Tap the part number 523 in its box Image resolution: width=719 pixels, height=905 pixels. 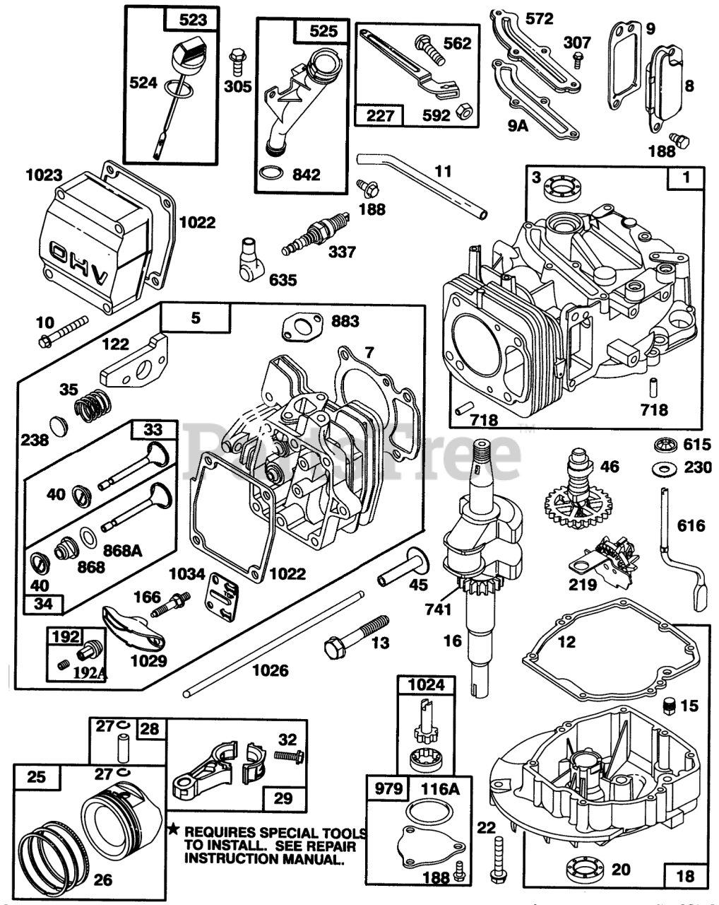pos(193,20)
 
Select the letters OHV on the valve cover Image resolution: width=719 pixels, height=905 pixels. pos(78,262)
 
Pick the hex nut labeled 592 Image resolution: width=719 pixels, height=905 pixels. pos(464,111)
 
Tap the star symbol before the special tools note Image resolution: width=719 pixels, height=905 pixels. pos(173,830)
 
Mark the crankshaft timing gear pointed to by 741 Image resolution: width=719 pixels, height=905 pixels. pos(486,582)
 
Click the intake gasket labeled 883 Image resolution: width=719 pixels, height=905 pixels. pos(302,327)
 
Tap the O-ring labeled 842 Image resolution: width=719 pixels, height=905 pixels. pos(271,173)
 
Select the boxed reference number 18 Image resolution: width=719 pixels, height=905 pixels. pos(685,875)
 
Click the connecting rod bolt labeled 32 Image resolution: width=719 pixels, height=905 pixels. pos(289,767)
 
